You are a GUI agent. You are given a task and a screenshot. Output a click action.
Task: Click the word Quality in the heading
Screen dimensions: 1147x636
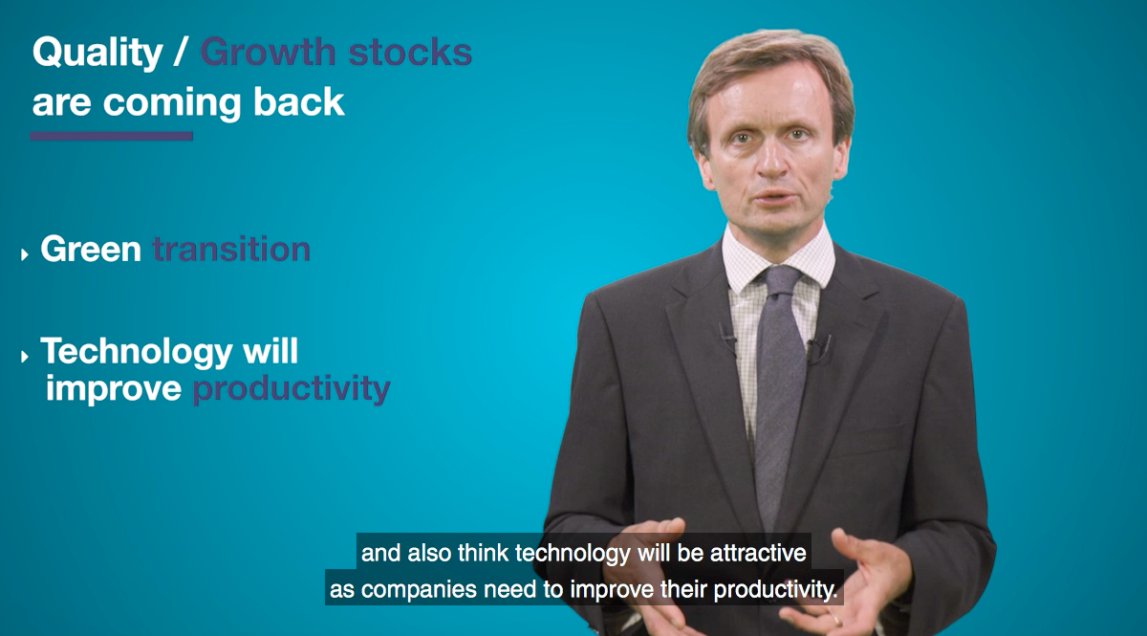click(x=97, y=54)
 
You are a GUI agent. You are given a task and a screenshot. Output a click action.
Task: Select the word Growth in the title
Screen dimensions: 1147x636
click(x=268, y=52)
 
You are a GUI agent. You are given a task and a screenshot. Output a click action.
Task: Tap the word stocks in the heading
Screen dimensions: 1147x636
click(x=410, y=52)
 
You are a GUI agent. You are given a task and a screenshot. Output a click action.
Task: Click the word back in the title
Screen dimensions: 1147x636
click(x=298, y=101)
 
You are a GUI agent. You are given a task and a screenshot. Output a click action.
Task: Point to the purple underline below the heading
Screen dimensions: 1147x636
click(x=112, y=136)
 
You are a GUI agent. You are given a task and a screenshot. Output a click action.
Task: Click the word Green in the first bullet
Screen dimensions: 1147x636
click(x=91, y=249)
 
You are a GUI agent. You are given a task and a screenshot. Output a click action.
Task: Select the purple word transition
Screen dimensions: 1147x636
click(x=231, y=249)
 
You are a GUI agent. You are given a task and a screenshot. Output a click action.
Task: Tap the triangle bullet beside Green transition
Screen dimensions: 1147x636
click(x=24, y=254)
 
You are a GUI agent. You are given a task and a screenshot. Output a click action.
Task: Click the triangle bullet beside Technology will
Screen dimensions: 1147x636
click(x=24, y=356)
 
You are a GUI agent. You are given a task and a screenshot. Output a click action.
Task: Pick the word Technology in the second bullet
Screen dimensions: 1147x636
click(x=137, y=353)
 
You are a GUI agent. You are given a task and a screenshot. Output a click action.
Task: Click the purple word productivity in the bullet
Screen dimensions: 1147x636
click(x=292, y=390)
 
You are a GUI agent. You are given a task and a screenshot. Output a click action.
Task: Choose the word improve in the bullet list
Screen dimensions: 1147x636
click(x=114, y=388)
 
